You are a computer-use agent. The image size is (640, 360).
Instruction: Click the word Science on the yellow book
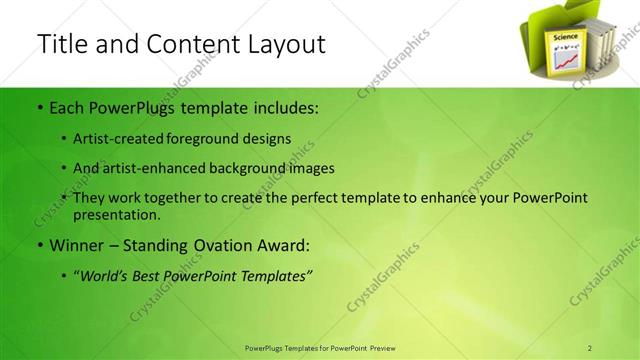pyautogui.click(x=559, y=36)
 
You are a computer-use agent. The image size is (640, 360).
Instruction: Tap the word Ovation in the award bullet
pyautogui.click(x=216, y=244)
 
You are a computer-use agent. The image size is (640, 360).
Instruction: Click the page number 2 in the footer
pyautogui.click(x=590, y=347)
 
